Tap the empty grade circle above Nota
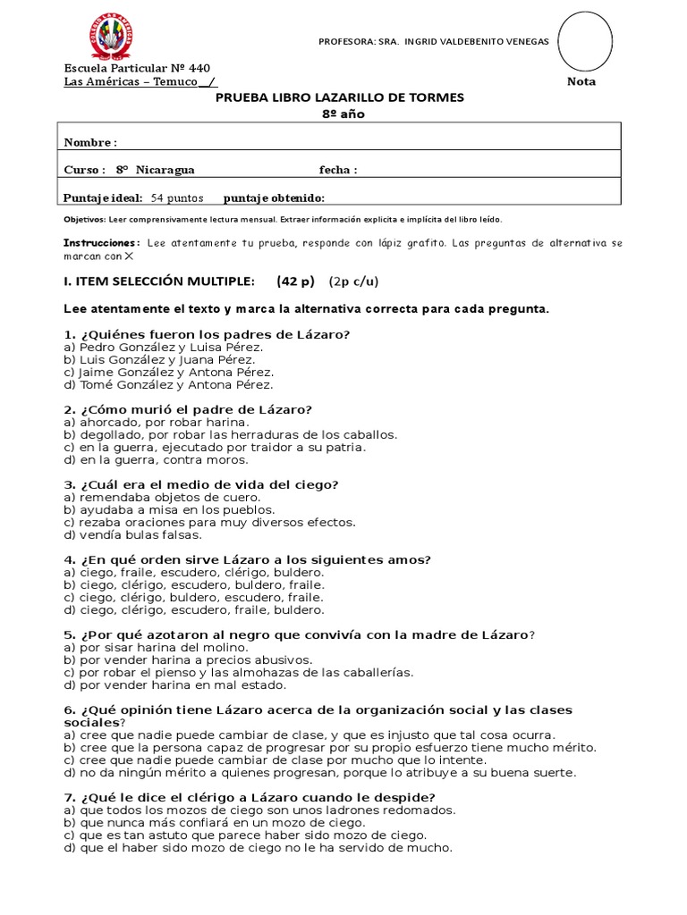tap(585, 41)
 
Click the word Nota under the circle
tap(581, 81)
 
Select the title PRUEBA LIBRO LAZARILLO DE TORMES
tap(340, 97)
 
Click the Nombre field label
tap(89, 142)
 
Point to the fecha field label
tap(338, 170)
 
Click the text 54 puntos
tap(177, 197)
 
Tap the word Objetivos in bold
tap(84, 219)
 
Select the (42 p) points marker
tap(296, 281)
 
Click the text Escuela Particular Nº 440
tap(137, 69)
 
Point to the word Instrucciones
tap(101, 243)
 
